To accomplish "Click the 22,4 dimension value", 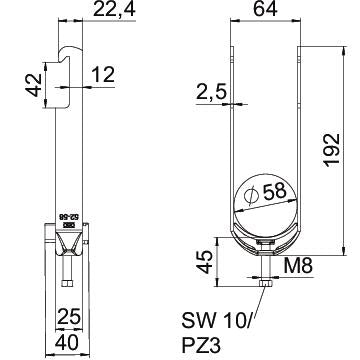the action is [114, 9].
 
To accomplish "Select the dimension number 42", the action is [34, 85].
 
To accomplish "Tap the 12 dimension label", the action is [103, 74].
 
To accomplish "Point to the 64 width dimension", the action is [265, 9].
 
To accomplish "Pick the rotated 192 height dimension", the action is [332, 150].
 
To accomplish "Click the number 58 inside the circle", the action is [275, 192].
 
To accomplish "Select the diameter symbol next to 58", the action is [251, 195].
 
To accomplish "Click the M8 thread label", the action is [298, 266].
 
